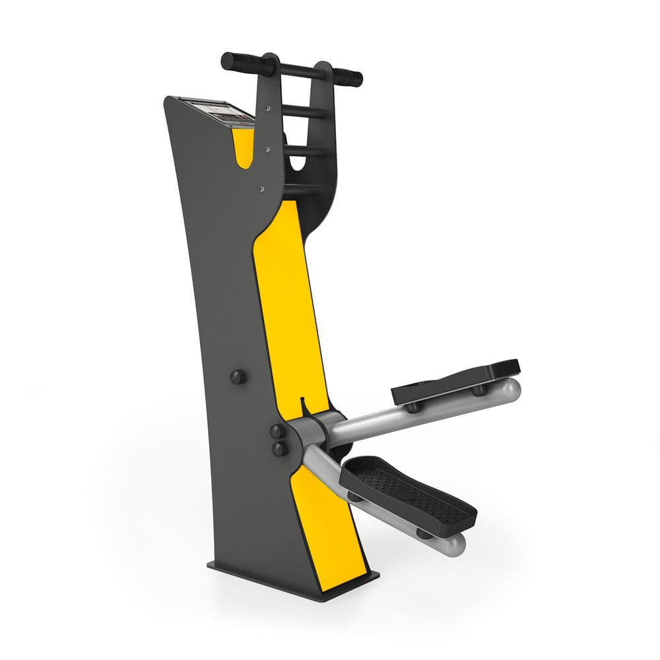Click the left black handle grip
point(241,63)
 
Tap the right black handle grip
point(347,77)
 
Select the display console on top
point(216,112)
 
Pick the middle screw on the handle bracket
point(268,149)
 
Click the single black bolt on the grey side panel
point(238,377)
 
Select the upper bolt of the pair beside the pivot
point(278,432)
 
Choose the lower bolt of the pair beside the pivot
point(280,449)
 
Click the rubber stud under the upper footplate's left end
point(414,407)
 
